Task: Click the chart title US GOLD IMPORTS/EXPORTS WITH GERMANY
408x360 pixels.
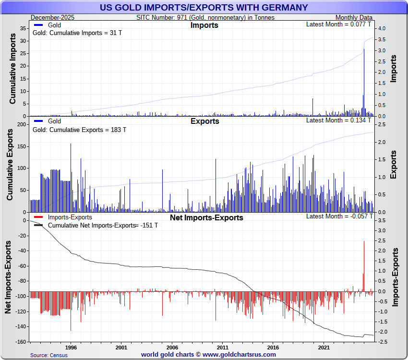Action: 204,8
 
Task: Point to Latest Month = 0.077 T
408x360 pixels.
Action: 338,24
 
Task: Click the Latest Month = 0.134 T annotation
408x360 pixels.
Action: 338,120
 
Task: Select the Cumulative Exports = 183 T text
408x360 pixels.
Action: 79,130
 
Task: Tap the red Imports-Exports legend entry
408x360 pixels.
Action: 67,217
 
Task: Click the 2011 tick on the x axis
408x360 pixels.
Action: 223,347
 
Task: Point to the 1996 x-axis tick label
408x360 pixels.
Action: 71,347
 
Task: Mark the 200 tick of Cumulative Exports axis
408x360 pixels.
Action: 22,124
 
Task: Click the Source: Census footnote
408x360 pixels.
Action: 48,355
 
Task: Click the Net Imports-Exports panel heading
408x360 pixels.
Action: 206,218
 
